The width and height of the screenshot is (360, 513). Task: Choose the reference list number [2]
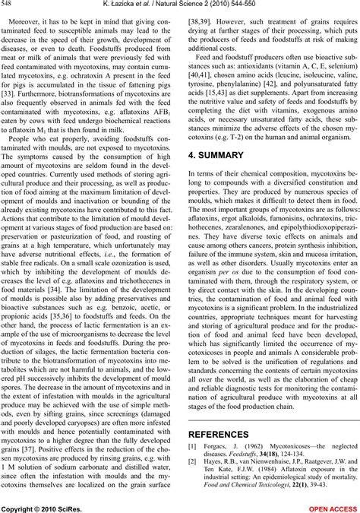click(192, 479)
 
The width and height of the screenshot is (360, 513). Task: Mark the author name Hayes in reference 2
click(213, 479)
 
